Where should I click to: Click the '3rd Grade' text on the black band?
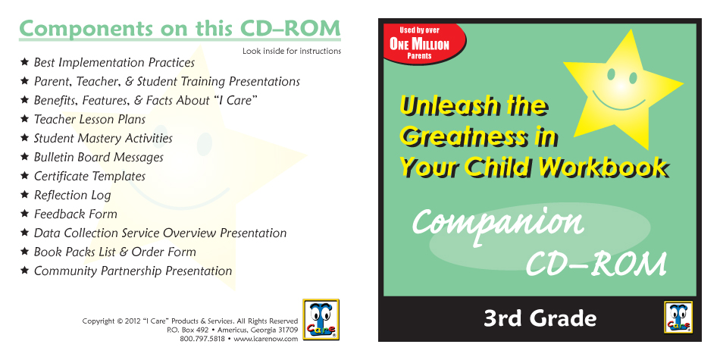pos(540,318)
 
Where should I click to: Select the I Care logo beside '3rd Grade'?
pos(678,316)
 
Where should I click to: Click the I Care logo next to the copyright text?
pos(321,320)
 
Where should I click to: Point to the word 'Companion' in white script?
pos(498,223)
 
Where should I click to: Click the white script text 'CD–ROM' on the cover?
pos(596,264)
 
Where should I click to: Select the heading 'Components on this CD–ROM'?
pos(180,29)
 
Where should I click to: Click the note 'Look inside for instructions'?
pos(292,51)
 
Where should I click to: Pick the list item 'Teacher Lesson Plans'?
pos(89,120)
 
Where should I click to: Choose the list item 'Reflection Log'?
pos(73,195)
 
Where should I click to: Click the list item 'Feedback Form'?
pos(75,214)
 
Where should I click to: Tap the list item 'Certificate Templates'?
pos(89,177)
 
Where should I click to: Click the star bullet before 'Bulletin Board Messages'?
pos(25,157)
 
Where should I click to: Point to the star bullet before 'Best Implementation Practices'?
pos(25,61)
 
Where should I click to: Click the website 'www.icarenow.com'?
pos(266,339)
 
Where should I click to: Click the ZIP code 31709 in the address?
pos(288,330)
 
